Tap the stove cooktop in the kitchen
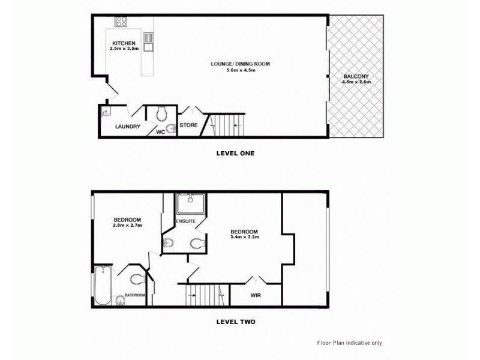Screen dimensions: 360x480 click(121, 22)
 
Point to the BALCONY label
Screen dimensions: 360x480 click(356, 76)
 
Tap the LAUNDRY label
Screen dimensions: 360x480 click(128, 127)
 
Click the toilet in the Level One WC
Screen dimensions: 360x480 click(161, 113)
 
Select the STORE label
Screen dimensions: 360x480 click(188, 125)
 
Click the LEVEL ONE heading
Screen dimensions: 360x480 click(235, 153)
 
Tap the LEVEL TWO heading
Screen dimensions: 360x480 click(235, 322)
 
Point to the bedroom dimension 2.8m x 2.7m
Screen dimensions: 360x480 click(127, 226)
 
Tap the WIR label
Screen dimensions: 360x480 click(256, 295)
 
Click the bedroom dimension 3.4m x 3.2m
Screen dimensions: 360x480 click(245, 238)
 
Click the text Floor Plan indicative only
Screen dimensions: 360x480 click(349, 343)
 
